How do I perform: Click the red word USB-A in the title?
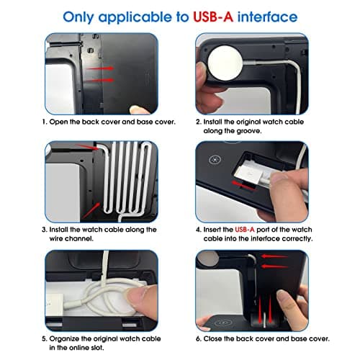tap(213, 17)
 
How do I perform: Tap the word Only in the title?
tap(78, 17)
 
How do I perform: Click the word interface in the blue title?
tap(267, 17)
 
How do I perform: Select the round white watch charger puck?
tap(225, 63)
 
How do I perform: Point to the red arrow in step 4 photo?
tap(243, 185)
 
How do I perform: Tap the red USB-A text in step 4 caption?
tap(245, 230)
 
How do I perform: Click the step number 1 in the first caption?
tap(44, 122)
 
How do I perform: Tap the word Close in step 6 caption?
tap(212, 338)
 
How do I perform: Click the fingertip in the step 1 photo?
tap(138, 110)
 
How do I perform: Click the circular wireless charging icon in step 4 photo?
tap(215, 160)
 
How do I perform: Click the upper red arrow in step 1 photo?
tap(100, 68)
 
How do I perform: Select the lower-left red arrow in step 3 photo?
tap(91, 210)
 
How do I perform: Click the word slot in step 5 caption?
tap(97, 348)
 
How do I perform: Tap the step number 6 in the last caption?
tap(198, 339)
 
